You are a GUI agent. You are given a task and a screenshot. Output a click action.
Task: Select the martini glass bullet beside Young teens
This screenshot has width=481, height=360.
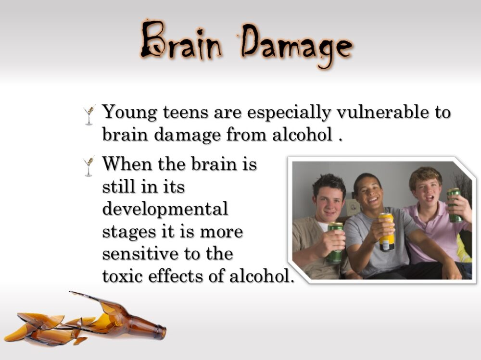(x=89, y=114)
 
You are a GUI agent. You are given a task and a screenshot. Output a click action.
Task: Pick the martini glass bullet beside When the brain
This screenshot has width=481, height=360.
(x=89, y=166)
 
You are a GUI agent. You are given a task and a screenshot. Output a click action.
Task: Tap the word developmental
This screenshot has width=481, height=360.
(x=165, y=210)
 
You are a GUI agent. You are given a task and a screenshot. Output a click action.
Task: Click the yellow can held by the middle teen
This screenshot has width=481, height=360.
(x=386, y=232)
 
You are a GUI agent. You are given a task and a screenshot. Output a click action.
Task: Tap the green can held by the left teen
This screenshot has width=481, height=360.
(x=335, y=242)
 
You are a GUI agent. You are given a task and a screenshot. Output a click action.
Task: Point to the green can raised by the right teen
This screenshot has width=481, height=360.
(x=455, y=204)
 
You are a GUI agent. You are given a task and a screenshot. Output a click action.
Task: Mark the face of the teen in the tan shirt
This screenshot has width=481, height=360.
(x=330, y=197)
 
